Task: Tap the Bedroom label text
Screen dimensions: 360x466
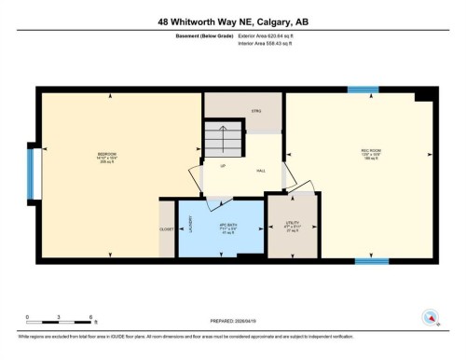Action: tap(107, 155)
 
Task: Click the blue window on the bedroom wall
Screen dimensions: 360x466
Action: tap(31, 173)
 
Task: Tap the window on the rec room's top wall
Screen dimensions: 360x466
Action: tap(363, 90)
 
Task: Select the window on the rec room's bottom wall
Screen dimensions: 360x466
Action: tap(371, 261)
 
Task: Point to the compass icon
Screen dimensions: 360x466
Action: tap(430, 319)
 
